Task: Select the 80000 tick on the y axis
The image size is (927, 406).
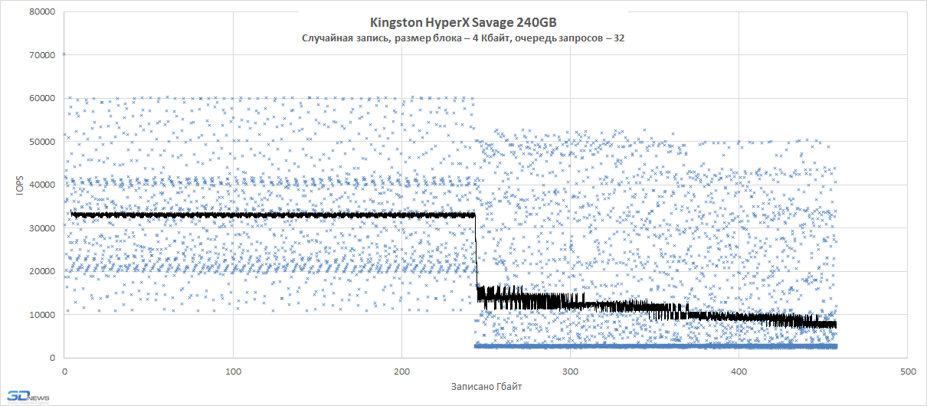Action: pos(41,11)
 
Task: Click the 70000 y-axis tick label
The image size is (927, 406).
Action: pos(41,55)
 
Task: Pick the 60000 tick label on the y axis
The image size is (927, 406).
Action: pos(41,98)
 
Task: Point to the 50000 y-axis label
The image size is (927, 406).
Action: pos(41,142)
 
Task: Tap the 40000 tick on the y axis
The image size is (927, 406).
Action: pos(41,185)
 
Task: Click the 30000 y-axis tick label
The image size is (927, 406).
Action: pos(41,228)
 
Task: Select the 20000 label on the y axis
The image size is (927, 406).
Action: pos(41,271)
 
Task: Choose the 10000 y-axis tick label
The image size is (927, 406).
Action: pos(41,315)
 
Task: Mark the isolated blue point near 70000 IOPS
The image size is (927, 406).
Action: pos(64,54)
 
